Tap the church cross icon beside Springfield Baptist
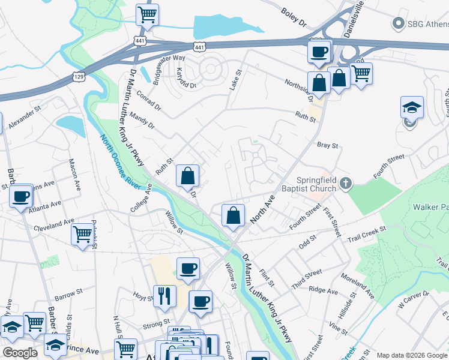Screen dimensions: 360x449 (345, 183)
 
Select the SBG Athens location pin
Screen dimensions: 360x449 (397, 23)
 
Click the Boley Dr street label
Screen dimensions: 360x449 (294, 14)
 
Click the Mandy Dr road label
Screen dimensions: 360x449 (142, 122)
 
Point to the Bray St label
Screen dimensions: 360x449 (328, 145)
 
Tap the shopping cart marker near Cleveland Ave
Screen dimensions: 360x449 (82, 233)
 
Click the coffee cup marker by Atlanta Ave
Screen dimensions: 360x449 (21, 196)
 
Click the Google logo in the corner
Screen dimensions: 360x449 (20, 353)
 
